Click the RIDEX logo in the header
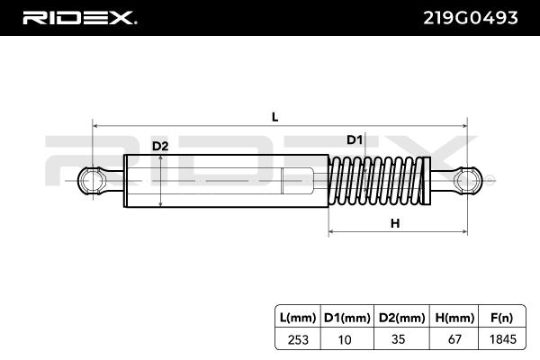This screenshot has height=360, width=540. click(79, 17)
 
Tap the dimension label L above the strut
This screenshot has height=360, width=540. click(274, 117)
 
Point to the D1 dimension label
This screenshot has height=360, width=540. click(354, 139)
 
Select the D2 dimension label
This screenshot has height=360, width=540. click(160, 146)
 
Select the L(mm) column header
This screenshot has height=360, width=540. click(298, 316)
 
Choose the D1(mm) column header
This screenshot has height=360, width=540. click(346, 316)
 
